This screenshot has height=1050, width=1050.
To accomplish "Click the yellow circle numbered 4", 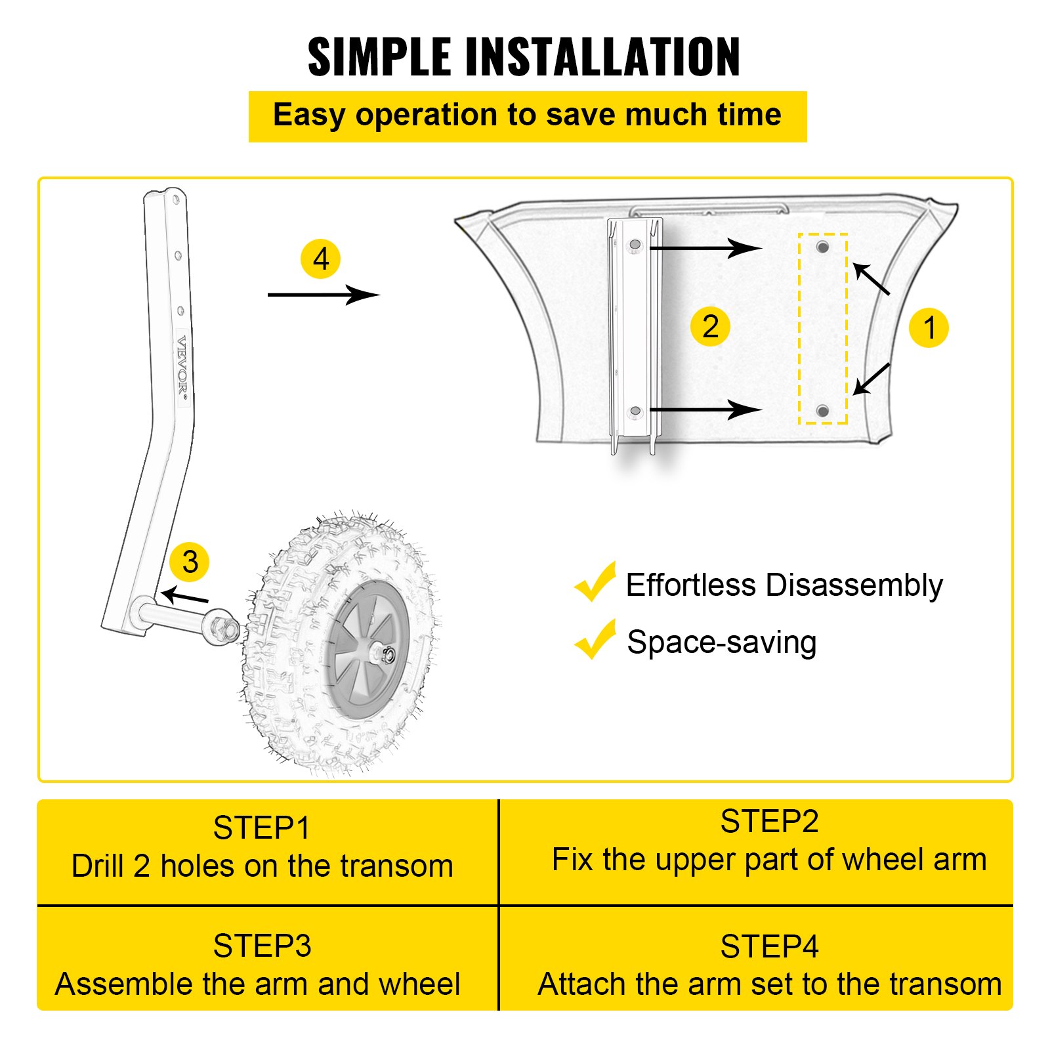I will [320, 259].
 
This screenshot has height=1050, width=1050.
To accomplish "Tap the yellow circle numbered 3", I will [189, 562].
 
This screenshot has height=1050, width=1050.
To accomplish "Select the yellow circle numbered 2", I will [710, 326].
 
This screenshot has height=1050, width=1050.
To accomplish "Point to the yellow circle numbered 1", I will [929, 327].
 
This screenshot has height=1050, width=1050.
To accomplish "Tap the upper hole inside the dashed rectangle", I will [822, 247].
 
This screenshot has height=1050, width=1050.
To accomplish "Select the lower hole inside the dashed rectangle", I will [822, 411].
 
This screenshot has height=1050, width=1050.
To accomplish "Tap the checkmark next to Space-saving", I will [595, 640].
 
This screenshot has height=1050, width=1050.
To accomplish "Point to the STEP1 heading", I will [261, 828].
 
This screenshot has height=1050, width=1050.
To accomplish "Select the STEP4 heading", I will [769, 947].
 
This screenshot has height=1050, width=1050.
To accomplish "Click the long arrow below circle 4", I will [323, 295].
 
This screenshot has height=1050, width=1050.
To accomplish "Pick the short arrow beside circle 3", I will [185, 597].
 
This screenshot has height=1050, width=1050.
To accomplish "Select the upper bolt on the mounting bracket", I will [635, 245].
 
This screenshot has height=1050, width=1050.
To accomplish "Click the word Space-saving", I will [721, 642].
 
